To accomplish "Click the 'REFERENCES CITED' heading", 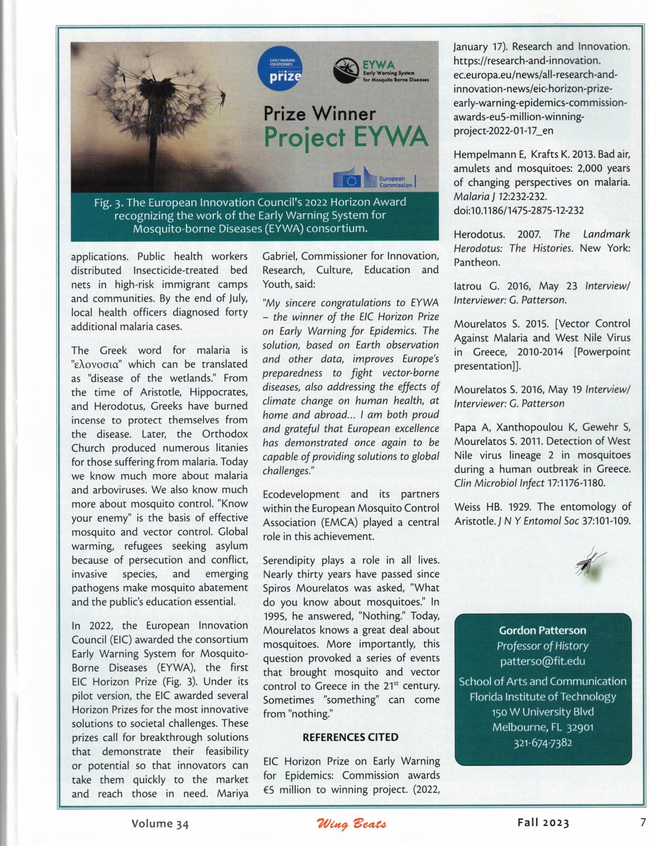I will (350, 737).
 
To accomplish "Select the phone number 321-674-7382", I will (543, 743).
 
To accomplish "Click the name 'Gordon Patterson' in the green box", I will (543, 630).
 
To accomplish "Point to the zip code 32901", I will (580, 727).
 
